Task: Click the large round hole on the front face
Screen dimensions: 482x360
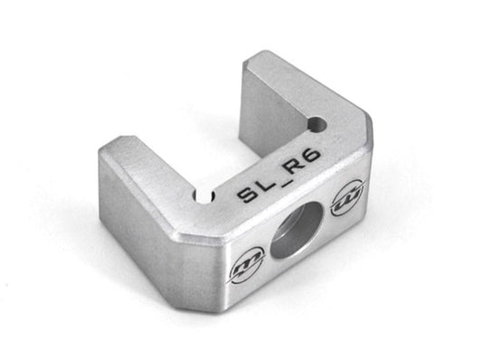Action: [x=296, y=235]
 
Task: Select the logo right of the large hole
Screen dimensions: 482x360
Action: [x=348, y=197]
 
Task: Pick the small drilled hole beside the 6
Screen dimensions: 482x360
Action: [x=317, y=124]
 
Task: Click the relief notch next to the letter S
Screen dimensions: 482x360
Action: [x=204, y=197]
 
